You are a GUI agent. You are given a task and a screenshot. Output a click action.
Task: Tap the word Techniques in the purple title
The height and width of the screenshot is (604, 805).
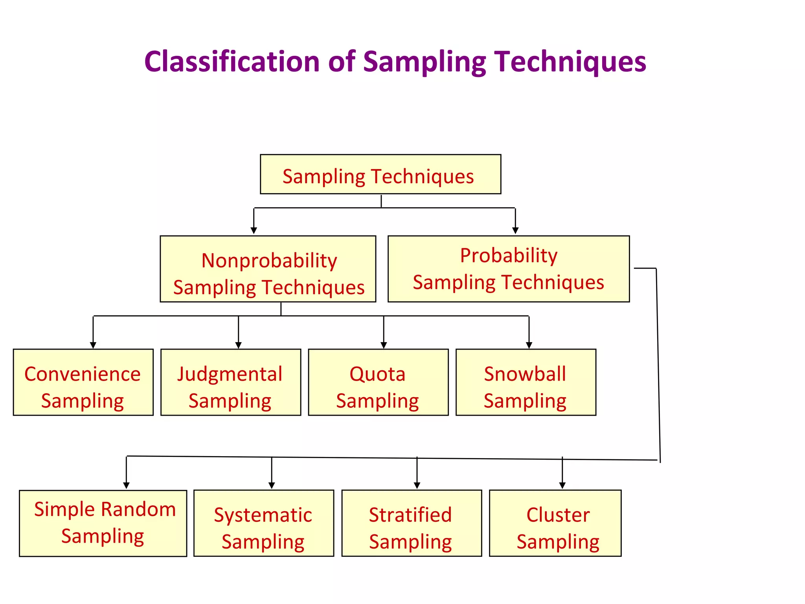click(570, 62)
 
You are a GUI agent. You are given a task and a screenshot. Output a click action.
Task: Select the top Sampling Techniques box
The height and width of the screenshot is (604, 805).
click(380, 174)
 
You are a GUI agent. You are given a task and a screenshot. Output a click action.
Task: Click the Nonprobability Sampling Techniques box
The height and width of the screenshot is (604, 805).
click(268, 269)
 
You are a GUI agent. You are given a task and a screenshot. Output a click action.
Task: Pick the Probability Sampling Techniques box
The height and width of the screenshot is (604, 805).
click(508, 269)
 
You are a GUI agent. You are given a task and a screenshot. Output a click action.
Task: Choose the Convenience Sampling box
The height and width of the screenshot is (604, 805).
click(83, 382)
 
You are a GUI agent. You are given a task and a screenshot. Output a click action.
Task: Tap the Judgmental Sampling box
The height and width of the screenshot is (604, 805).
click(230, 382)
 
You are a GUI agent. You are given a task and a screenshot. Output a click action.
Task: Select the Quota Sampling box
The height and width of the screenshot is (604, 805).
click(378, 382)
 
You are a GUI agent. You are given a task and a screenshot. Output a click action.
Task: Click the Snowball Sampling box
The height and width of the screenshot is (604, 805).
click(526, 382)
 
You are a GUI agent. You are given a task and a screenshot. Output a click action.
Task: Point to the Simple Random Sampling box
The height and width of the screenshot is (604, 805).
click(103, 523)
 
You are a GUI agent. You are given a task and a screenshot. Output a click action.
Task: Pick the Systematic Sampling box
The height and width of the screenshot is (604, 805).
click(263, 523)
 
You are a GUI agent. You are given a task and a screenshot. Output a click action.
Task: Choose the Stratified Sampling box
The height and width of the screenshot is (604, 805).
click(411, 523)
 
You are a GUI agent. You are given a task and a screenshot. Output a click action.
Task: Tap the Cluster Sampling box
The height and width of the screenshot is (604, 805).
click(555, 523)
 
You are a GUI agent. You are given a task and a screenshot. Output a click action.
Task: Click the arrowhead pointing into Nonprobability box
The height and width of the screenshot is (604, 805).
click(254, 230)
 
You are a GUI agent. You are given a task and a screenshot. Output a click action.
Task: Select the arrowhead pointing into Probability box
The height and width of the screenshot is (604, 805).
click(515, 230)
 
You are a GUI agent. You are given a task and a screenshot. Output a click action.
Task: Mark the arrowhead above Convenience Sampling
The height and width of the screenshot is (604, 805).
click(93, 345)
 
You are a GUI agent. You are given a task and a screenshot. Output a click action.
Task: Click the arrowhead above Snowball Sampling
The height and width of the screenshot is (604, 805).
click(529, 345)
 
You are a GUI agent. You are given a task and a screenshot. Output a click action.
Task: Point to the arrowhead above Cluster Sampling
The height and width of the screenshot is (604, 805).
click(562, 486)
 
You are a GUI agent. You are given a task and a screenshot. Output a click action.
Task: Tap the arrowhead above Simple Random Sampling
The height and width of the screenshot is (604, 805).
click(126, 486)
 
